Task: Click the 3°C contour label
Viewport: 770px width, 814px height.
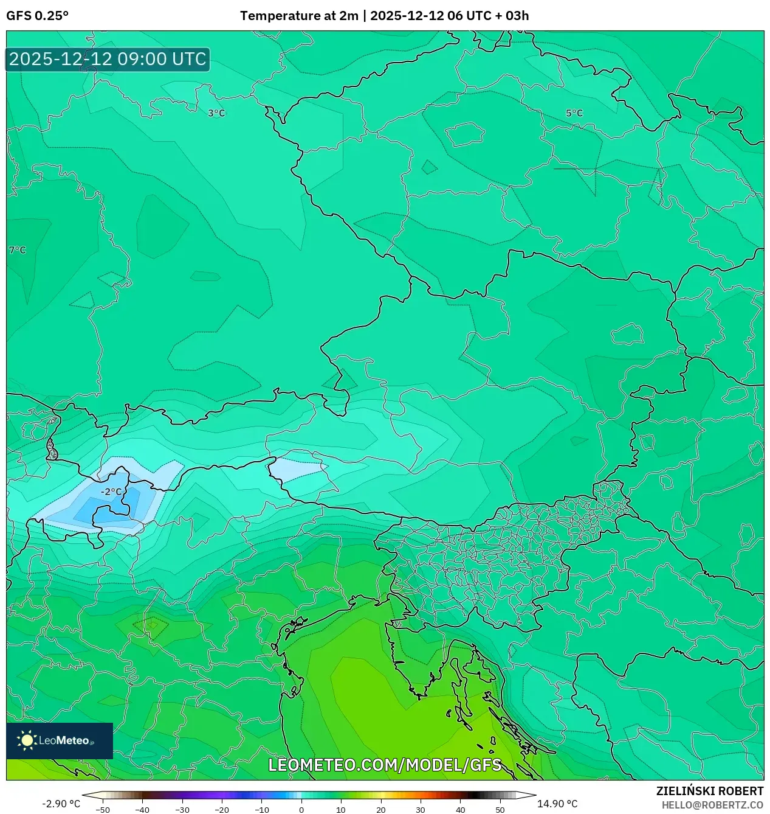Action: (216, 113)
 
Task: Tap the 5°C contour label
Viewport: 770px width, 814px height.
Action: (574, 113)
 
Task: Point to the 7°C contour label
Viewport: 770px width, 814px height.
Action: (18, 250)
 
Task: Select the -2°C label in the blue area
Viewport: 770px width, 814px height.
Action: (111, 492)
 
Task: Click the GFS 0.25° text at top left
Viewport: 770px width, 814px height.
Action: (37, 16)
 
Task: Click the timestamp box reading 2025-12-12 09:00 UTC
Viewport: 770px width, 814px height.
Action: (108, 60)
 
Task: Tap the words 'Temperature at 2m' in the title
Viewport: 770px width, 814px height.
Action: (299, 16)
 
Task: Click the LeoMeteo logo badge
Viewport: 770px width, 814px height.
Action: (60, 740)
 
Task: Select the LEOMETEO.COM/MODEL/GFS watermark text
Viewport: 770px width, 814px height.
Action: (385, 765)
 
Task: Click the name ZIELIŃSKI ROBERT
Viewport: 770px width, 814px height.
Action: (709, 791)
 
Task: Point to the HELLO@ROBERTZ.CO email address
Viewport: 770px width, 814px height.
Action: (712, 805)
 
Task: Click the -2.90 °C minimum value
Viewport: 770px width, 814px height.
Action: (61, 804)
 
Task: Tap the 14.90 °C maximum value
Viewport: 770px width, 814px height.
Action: (557, 804)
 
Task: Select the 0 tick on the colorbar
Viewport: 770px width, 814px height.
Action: (301, 809)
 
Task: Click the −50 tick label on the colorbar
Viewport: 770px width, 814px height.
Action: (103, 809)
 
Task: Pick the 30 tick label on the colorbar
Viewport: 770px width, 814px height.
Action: (421, 809)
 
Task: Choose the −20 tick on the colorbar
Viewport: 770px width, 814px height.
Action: (222, 809)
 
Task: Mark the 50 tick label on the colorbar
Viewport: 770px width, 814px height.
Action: (500, 809)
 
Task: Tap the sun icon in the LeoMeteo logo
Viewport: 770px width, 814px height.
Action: (27, 740)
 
